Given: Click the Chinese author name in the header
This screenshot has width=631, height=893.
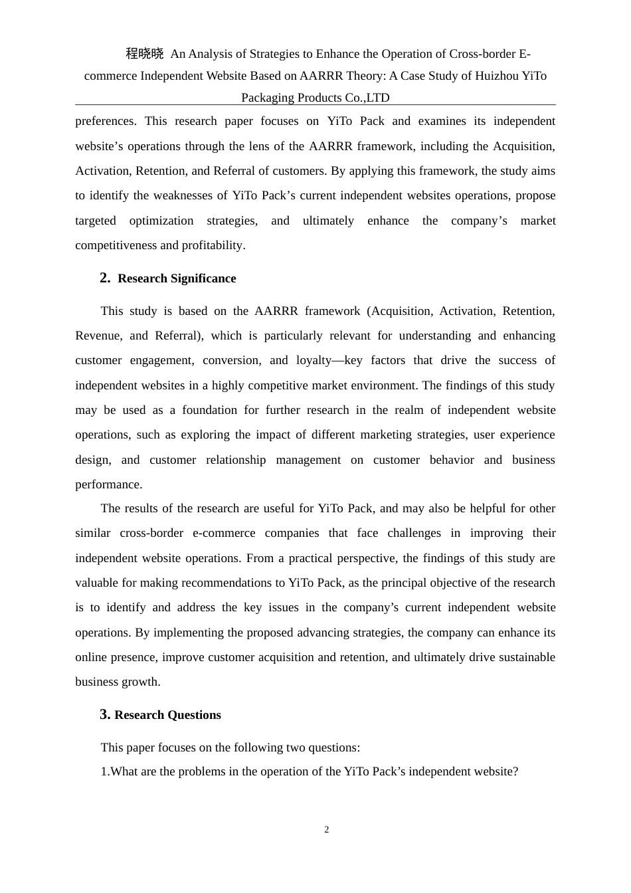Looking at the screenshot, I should point(145,54).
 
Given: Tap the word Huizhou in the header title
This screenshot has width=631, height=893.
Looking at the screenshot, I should point(496,76).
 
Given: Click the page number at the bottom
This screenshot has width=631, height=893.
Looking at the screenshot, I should point(327,829).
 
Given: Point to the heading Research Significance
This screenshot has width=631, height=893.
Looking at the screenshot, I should point(177,278).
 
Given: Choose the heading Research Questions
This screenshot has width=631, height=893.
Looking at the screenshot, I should point(167,715).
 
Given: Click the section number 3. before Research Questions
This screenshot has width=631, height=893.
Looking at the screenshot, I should point(105,714).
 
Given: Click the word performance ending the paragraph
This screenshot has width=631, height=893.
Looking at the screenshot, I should point(108,484).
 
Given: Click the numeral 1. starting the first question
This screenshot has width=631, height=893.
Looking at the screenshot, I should point(105,771).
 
